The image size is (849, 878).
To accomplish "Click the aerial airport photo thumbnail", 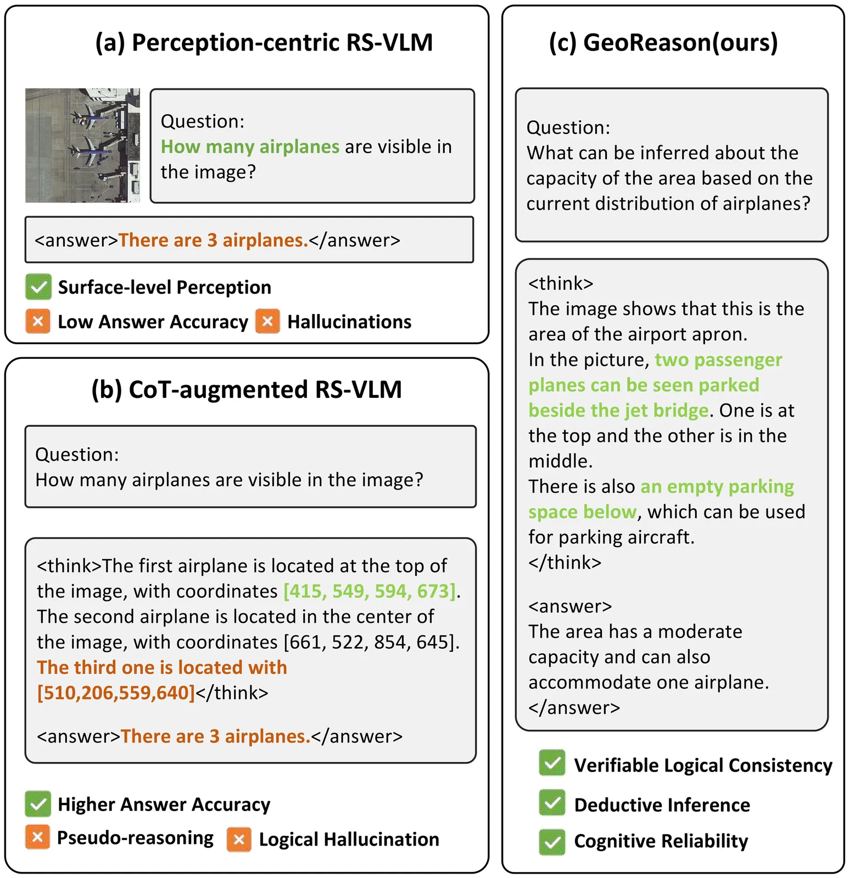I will [82, 145].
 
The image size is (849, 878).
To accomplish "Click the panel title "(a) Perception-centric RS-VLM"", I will [264, 43].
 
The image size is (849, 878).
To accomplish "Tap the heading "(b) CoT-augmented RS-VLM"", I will [247, 390].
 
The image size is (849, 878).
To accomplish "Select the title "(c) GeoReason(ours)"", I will [663, 43].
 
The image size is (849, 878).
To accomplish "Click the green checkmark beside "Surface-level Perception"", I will [38, 287].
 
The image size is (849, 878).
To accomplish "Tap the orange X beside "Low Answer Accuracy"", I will [38, 322].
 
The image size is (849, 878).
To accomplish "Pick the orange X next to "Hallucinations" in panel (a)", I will [267, 322].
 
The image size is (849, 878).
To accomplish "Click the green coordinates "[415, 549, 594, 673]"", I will [370, 591].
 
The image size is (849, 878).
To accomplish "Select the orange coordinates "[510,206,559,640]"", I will [116, 693].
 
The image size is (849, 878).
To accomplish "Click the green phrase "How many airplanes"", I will [250, 147].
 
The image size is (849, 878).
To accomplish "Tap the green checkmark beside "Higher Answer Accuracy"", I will [38, 804].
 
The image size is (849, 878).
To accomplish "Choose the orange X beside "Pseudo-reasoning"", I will [37, 837].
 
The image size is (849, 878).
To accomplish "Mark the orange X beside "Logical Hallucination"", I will [239, 840].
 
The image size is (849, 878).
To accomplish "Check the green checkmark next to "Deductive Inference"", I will [552, 803].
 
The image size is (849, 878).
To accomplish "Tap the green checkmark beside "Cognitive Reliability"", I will [552, 841].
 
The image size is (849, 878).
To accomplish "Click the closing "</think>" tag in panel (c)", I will [565, 562].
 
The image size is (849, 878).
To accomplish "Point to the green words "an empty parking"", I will [717, 487].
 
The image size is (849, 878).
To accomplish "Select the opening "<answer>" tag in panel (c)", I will [570, 606].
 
